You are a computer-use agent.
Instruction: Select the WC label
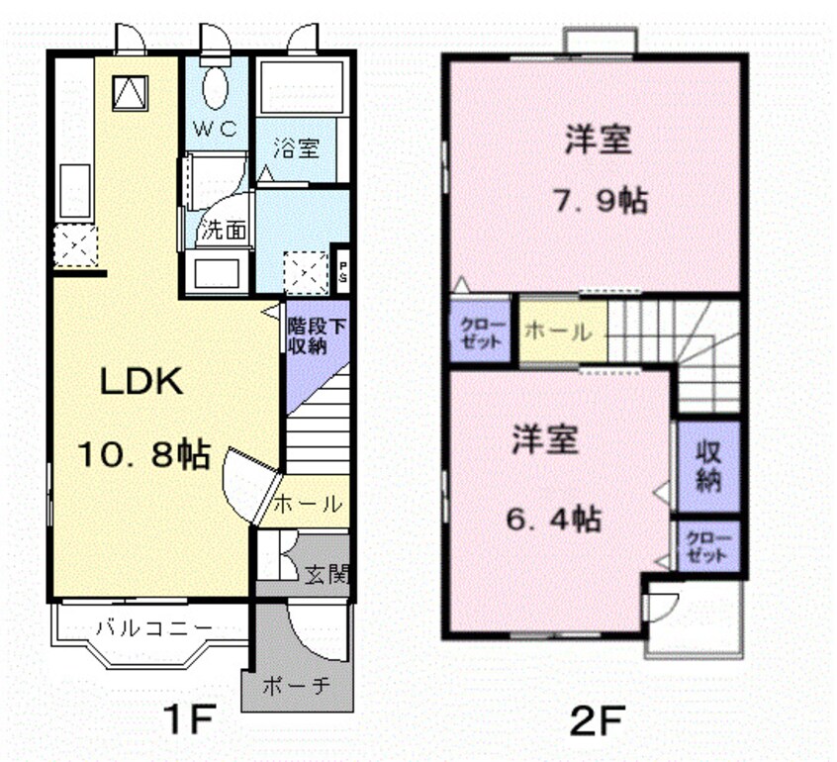(x=215, y=129)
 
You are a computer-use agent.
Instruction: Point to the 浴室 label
(x=297, y=149)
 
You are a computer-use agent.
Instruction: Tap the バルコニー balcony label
(x=153, y=627)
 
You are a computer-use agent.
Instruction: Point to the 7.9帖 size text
(x=599, y=201)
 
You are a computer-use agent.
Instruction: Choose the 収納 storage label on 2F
(x=708, y=467)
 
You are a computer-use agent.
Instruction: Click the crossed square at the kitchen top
(x=129, y=94)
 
